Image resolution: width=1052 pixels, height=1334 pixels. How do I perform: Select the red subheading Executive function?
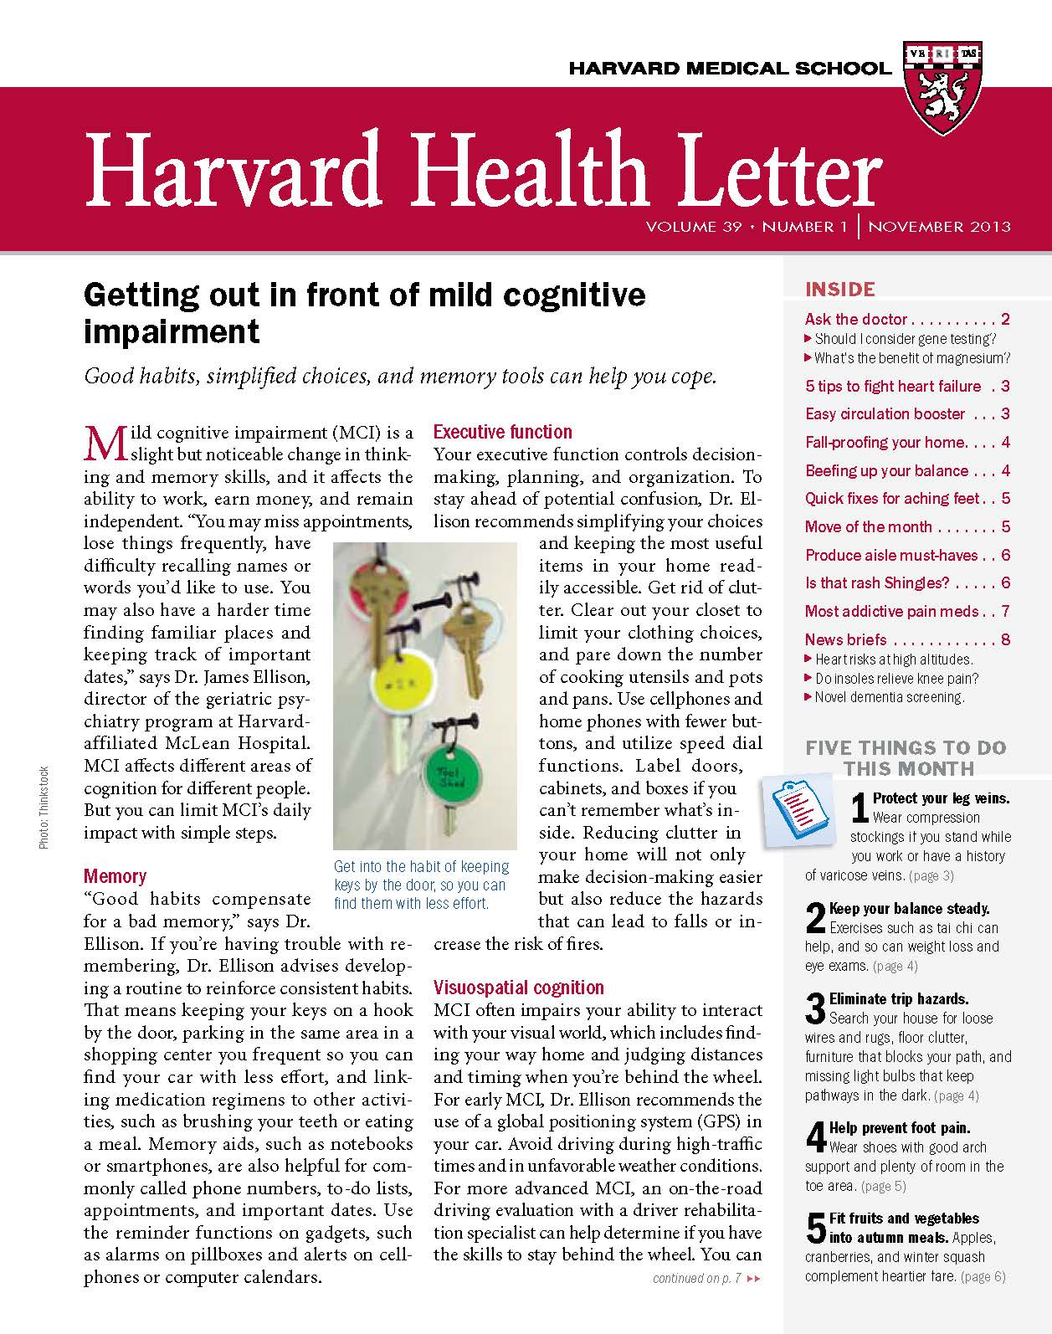point(502,432)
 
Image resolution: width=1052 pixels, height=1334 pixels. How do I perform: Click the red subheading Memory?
point(115,876)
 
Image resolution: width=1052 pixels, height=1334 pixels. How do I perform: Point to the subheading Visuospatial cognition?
point(518,988)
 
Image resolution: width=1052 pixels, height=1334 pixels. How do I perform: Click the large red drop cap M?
point(105,443)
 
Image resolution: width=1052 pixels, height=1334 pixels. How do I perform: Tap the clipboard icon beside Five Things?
point(798,811)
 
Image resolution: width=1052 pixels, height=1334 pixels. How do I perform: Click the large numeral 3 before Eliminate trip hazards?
point(815,1008)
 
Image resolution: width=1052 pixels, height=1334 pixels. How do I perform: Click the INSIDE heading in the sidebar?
point(839,290)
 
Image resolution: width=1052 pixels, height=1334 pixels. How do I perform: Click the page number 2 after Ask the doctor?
point(1005,319)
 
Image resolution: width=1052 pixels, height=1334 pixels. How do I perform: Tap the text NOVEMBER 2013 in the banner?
point(939,226)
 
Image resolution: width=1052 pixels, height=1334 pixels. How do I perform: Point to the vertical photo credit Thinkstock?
point(44,808)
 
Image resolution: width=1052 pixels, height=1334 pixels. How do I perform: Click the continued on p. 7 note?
point(706,1278)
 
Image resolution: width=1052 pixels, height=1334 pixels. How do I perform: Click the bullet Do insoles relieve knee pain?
point(896,678)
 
